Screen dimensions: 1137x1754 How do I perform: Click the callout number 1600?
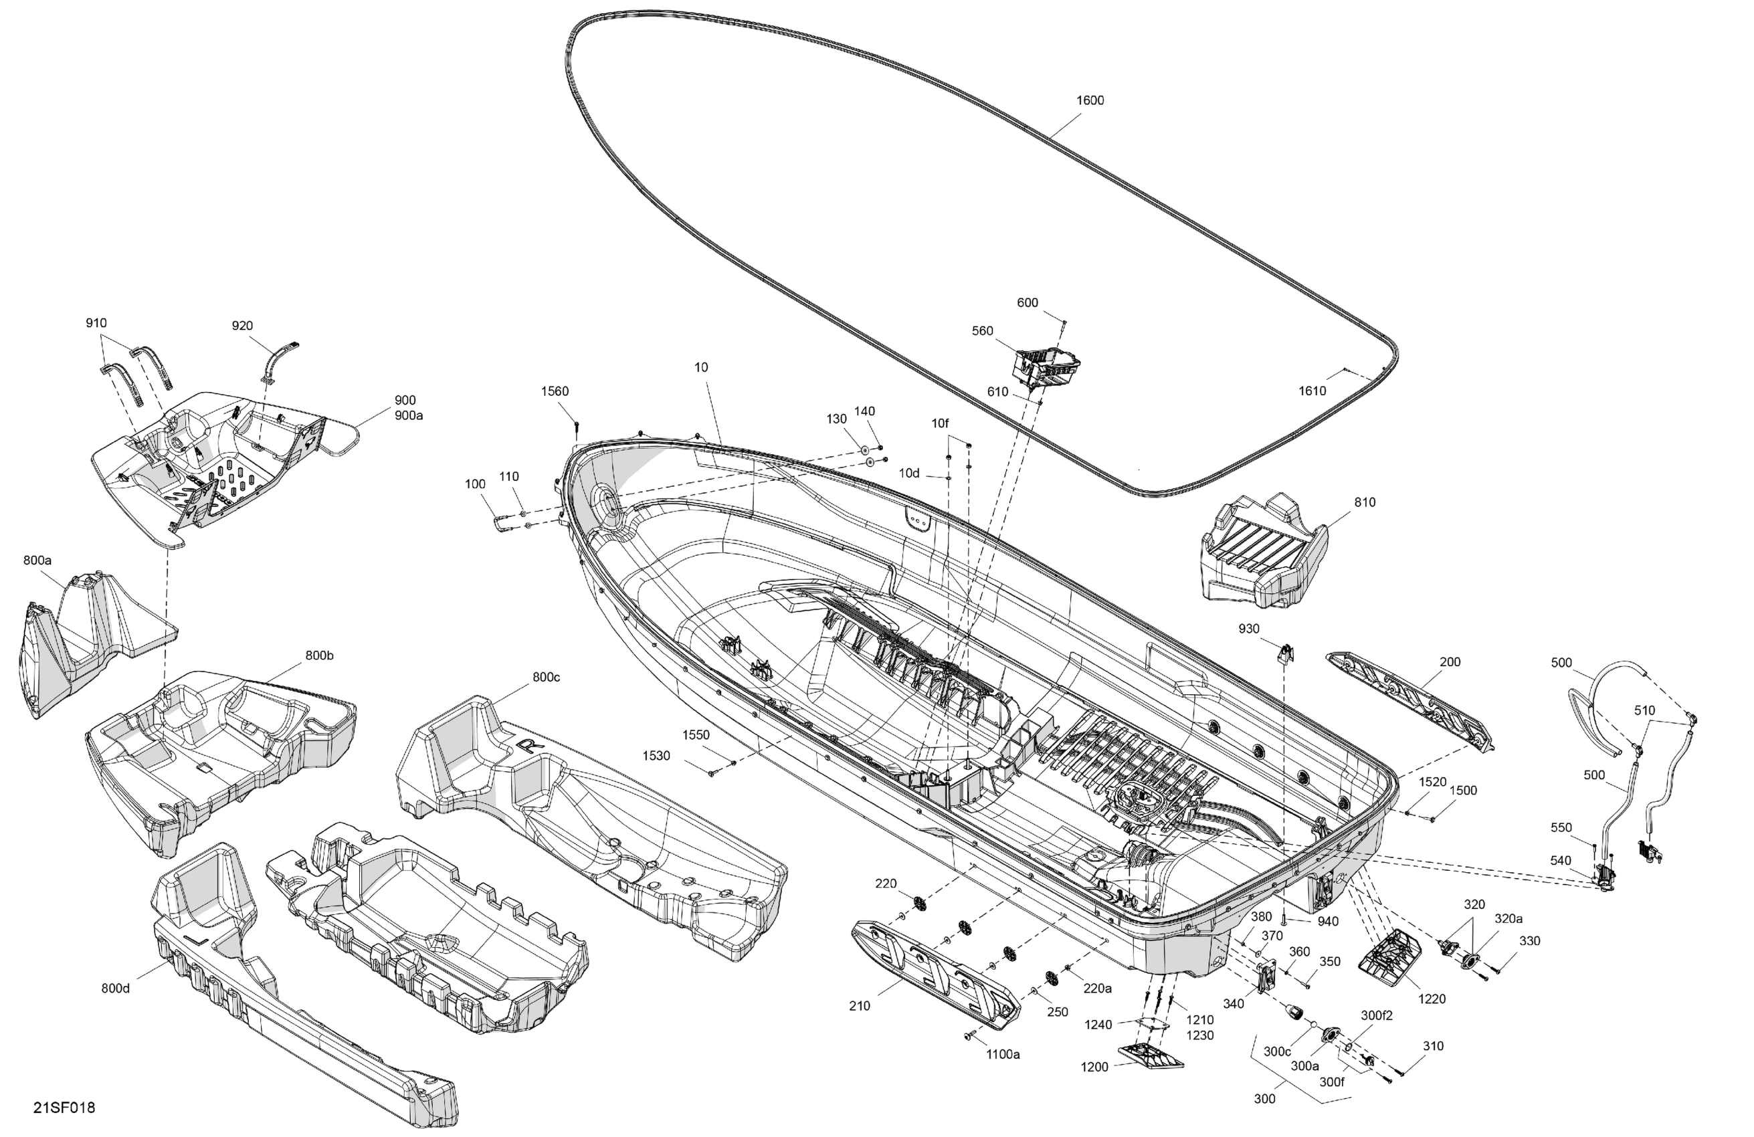pos(1090,100)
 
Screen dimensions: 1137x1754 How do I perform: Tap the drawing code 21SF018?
pos(64,1108)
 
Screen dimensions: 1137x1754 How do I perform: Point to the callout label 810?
pos(1364,502)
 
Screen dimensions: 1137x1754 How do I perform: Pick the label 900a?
pos(408,415)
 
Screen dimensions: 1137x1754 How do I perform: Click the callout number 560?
pos(983,331)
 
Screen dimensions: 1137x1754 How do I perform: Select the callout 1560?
pos(555,391)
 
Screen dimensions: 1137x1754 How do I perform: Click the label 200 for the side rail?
pos(1450,661)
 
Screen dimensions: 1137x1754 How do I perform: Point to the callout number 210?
pos(860,1006)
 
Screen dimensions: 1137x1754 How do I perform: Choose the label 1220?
pos(1432,999)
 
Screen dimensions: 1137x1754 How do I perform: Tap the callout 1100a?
pos(1003,1055)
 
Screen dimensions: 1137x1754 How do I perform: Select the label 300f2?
pos(1377,1015)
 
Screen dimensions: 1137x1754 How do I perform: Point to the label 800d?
pos(116,988)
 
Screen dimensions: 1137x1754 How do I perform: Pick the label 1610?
pos(1312,391)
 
